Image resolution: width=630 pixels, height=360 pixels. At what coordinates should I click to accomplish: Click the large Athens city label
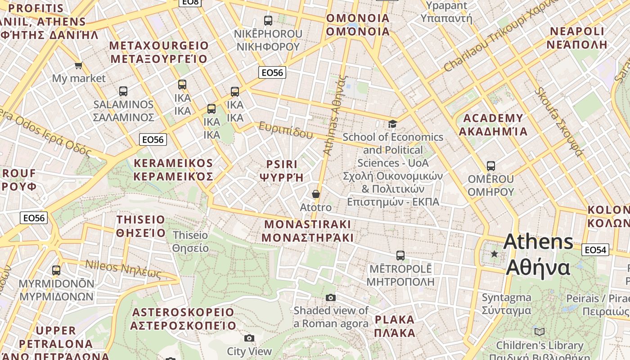tap(538, 255)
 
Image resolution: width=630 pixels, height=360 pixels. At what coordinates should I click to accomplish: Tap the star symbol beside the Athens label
tap(494, 254)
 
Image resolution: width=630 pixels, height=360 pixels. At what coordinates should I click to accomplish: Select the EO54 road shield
tap(595, 250)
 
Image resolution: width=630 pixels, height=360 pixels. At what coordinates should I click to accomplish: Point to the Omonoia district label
tap(358, 25)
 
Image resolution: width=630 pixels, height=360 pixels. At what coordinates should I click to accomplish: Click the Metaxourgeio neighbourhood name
tap(159, 52)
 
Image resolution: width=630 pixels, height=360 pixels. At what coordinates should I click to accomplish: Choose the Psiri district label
tap(282, 170)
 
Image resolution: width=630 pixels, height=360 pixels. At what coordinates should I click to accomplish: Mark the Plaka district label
tap(395, 326)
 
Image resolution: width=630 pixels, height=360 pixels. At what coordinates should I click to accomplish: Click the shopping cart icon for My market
tap(79, 66)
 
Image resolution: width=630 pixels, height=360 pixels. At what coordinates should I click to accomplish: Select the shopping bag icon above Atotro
tap(316, 194)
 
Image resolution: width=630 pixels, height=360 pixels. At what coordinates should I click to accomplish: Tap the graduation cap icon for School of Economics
tap(392, 124)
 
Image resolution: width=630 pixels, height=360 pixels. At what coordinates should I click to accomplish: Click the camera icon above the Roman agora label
tap(331, 297)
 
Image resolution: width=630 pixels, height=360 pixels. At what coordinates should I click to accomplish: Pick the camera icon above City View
tap(249, 338)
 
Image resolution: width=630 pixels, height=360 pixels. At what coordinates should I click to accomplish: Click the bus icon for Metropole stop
tap(400, 256)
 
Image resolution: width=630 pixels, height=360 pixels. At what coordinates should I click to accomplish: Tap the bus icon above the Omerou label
tap(490, 166)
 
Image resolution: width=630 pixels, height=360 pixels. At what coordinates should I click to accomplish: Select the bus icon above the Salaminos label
tap(123, 91)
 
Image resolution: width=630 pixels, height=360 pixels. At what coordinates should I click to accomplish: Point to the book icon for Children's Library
tap(539, 332)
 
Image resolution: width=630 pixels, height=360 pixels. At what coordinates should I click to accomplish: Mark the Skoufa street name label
tap(558, 121)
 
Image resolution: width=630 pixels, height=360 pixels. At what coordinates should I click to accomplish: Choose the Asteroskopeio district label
tap(183, 319)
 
